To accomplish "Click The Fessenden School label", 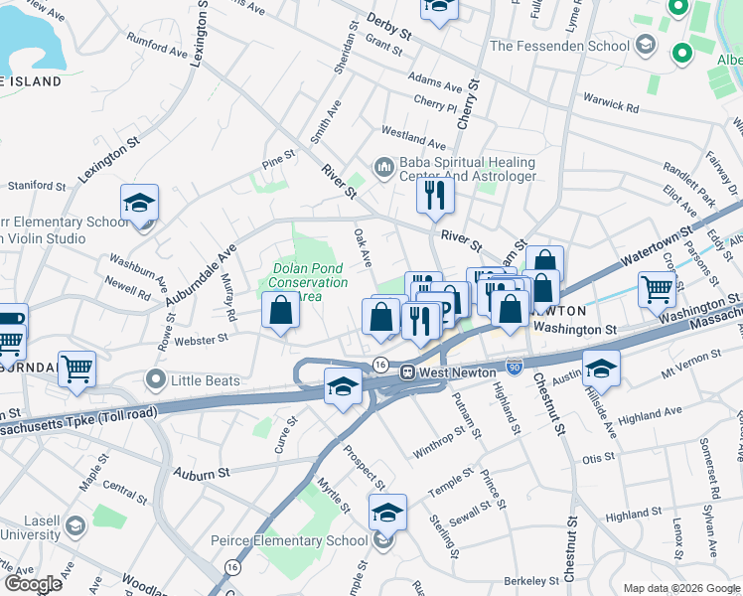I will [559, 46].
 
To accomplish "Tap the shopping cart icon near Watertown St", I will [658, 290].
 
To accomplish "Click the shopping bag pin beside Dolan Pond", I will [282, 311].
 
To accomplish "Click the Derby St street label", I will [388, 26].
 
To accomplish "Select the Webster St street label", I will [201, 339].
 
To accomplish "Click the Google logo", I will [33, 584].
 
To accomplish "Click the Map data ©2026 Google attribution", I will [680, 588].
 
